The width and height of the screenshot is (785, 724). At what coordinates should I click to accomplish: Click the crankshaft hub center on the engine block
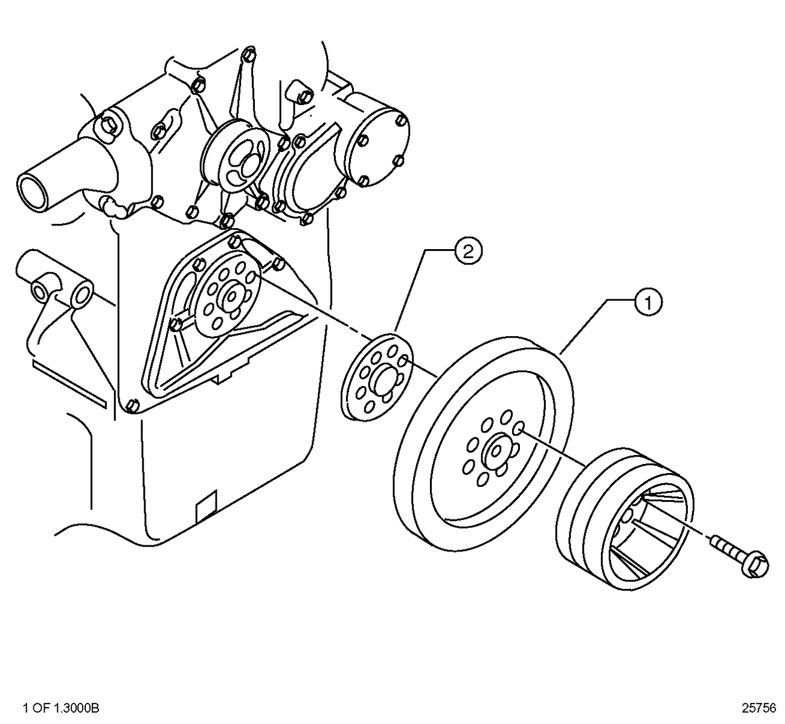coord(231,295)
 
